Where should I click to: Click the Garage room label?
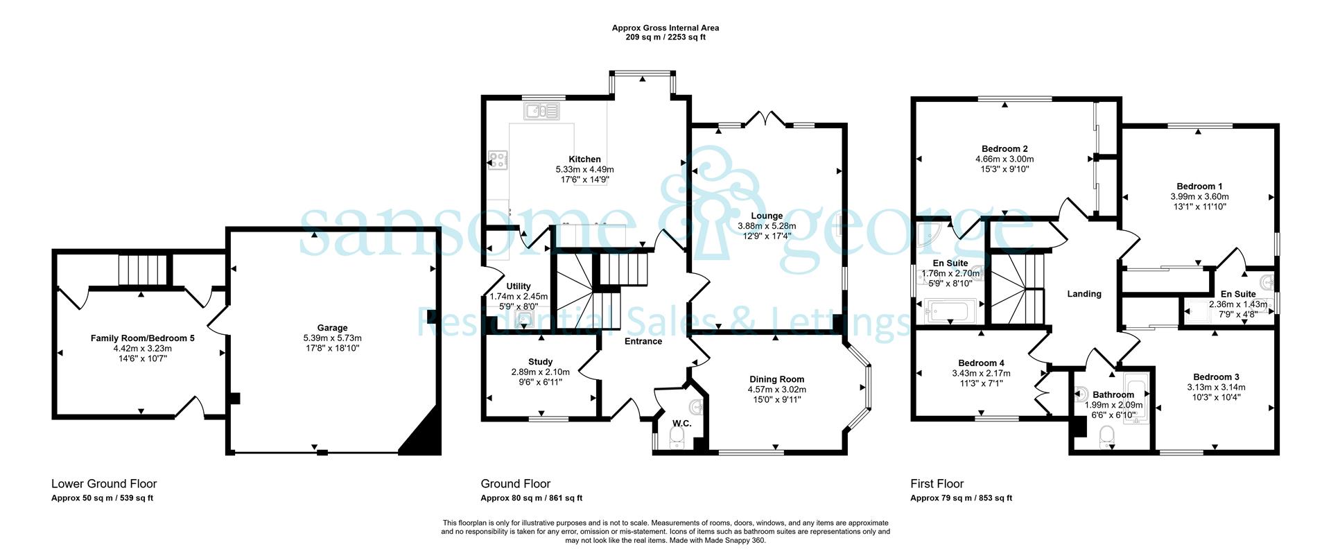tap(333, 328)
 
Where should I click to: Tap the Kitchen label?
tap(584, 159)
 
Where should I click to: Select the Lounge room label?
tap(767, 216)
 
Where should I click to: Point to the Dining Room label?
tap(776, 379)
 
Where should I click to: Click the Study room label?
tap(541, 362)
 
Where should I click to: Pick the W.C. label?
tap(682, 424)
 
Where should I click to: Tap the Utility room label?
tap(519, 286)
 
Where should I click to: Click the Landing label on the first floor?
tap(1084, 294)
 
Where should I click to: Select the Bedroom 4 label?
tap(981, 363)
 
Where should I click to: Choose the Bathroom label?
tap(1113, 395)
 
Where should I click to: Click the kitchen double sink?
tap(542, 110)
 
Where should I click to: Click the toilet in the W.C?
tap(677, 437)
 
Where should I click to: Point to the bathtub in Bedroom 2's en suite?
tap(951, 311)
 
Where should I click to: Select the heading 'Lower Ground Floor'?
tap(104, 484)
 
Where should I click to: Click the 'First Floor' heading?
tap(937, 484)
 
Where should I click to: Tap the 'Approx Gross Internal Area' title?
tap(665, 28)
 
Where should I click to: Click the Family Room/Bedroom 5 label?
tap(143, 338)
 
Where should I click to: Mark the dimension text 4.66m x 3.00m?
tap(1004, 159)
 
